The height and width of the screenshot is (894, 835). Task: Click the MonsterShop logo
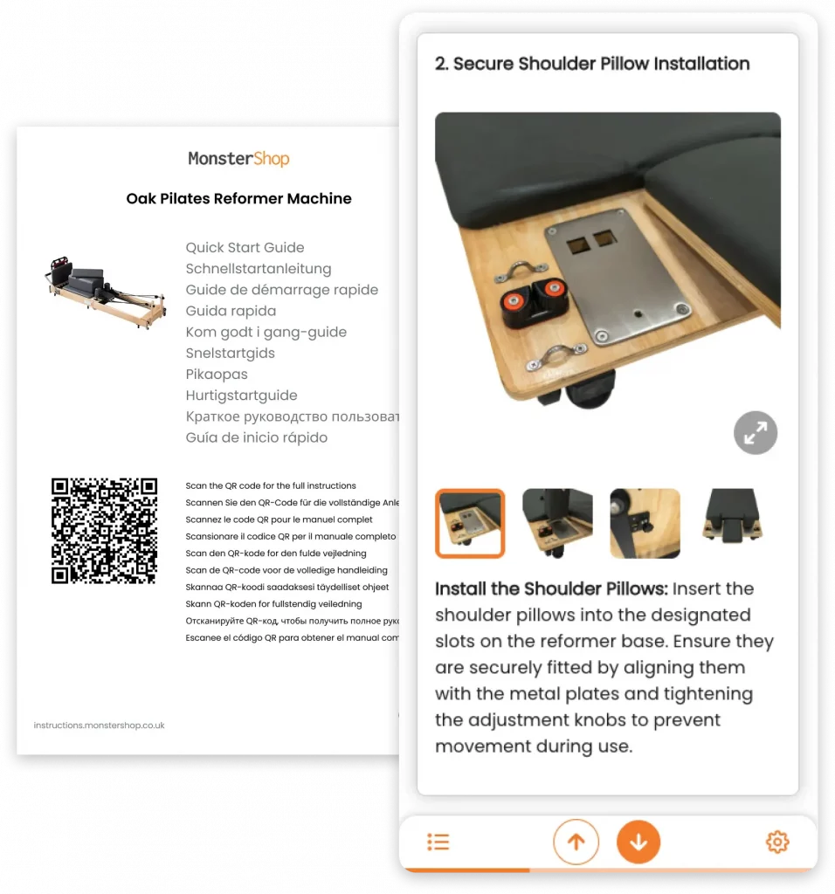[238, 159]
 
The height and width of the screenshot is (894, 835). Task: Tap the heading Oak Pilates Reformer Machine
[238, 199]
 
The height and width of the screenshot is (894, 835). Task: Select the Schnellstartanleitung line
[258, 269]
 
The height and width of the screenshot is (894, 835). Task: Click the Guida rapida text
[231, 311]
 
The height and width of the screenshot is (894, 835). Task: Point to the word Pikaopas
[217, 375]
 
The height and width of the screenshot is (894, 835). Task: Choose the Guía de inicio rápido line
[256, 437]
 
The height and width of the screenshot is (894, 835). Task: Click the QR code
[104, 531]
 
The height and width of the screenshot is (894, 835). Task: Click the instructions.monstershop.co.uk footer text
[99, 726]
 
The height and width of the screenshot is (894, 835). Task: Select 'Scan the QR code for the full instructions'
[271, 486]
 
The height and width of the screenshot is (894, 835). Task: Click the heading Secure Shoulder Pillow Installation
[592, 64]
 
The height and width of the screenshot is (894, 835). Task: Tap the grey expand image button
[755, 432]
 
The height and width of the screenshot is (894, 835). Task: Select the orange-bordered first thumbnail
[470, 523]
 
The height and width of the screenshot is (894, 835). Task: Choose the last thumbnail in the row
[732, 523]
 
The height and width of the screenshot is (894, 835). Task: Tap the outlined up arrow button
[576, 842]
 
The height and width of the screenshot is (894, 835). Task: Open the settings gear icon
[776, 842]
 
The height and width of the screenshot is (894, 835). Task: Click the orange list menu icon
[438, 842]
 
